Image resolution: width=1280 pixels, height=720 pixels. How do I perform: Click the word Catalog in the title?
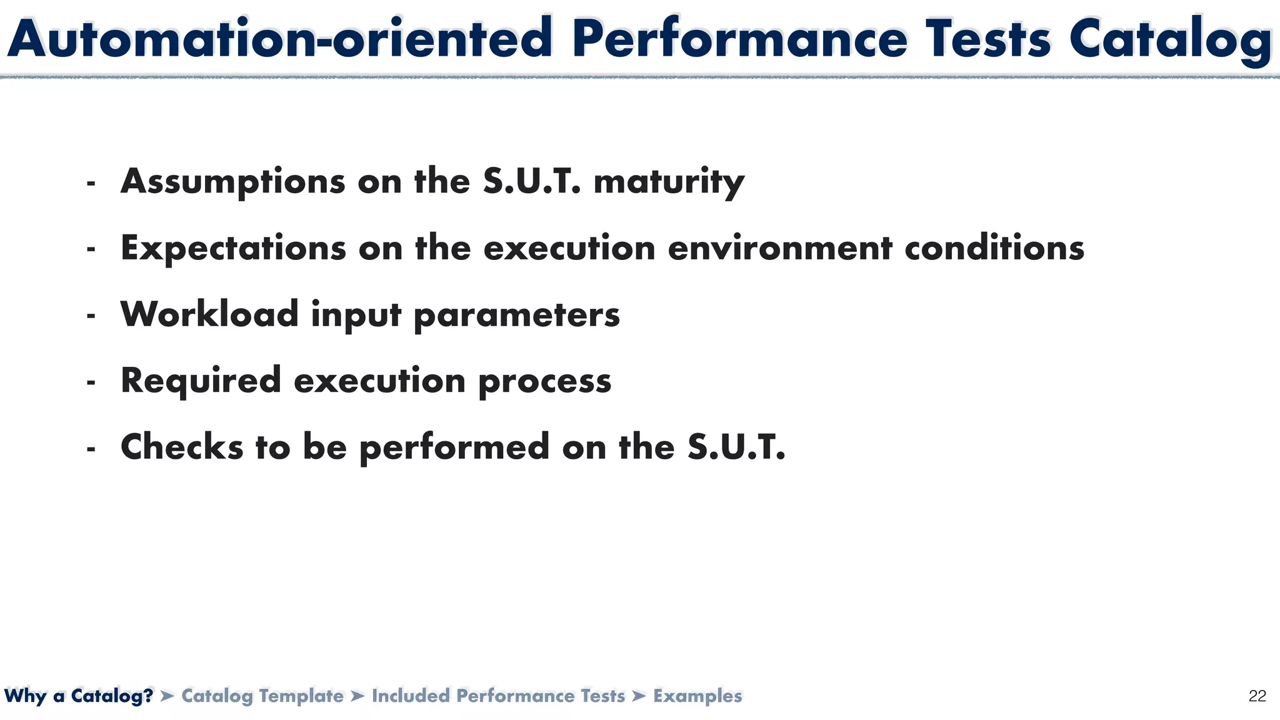point(1170,39)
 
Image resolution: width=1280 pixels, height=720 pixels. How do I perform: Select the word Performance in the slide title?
point(739,39)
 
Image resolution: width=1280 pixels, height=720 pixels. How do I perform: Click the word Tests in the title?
point(988,39)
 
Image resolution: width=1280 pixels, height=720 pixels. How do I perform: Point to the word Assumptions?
point(233,182)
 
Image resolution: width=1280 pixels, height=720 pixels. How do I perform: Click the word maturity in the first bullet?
point(669,182)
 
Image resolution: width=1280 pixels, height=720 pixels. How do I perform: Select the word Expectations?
point(233,248)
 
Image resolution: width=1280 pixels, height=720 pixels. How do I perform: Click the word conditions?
point(994,248)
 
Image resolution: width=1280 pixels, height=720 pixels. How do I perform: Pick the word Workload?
point(209,314)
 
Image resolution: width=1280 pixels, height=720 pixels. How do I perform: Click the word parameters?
point(517,315)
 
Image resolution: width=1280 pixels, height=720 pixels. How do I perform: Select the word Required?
point(201,381)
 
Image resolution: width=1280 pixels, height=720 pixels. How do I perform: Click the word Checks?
point(182,447)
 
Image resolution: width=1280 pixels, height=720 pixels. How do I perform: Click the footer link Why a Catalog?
point(79,696)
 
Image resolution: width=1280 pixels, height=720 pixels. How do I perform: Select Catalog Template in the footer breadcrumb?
point(262,696)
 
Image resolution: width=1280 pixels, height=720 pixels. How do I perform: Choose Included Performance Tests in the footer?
point(498,696)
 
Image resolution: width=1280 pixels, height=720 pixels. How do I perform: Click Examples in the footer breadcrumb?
point(697,696)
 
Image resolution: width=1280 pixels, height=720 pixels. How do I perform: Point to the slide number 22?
point(1257,696)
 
